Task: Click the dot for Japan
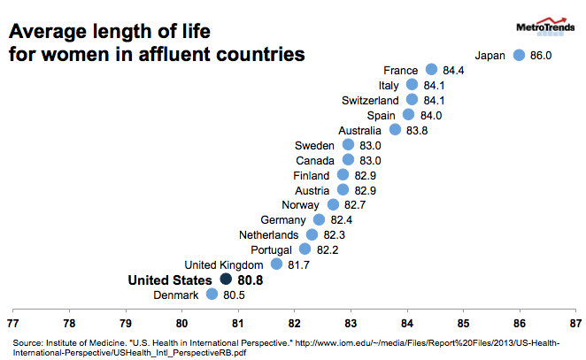tap(520, 55)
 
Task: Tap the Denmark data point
tap(212, 295)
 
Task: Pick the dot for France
tap(431, 70)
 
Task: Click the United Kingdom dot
tap(276, 264)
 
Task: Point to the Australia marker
tap(396, 129)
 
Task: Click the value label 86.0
tap(541, 55)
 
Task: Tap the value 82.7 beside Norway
tap(355, 204)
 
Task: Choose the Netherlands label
tap(269, 234)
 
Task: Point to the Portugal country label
tap(274, 249)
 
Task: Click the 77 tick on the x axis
tap(13, 322)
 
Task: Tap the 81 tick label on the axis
tap(238, 322)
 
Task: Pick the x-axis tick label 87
tap(574, 322)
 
